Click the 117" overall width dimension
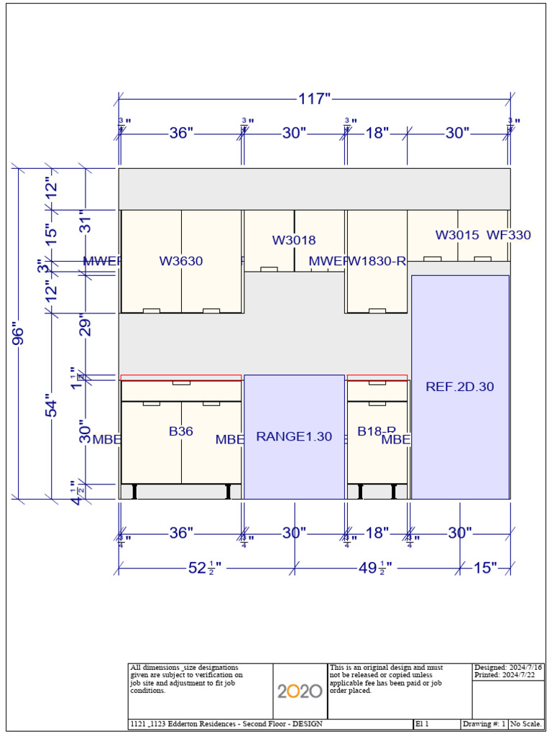tap(313, 99)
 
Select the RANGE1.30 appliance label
tap(294, 436)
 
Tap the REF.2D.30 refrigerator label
tap(460, 387)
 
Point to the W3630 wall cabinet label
tap(181, 262)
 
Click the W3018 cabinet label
tap(294, 240)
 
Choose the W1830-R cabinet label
tap(377, 262)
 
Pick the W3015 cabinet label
tap(457, 235)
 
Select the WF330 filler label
tap(509, 235)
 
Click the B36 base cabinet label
tap(181, 431)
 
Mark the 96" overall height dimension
tap(18, 335)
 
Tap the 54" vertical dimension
tap(51, 405)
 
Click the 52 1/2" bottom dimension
tap(204, 569)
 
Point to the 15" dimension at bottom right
tap(485, 569)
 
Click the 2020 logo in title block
tap(300, 691)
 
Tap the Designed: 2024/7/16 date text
tap(508, 668)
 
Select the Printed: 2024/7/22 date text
tap(505, 676)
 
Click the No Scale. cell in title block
tap(526, 724)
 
